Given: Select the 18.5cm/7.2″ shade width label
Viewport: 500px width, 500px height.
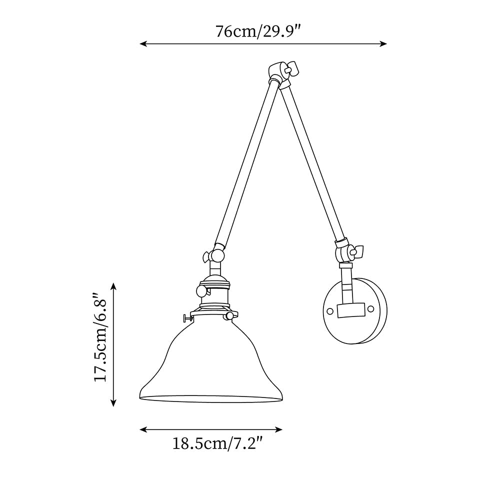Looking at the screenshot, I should (x=217, y=443).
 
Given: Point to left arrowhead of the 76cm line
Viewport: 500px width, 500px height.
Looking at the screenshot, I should (x=142, y=44).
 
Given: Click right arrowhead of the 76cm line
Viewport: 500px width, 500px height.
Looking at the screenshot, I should (x=384, y=44).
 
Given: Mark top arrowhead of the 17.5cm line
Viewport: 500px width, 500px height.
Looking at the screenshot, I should (x=114, y=285).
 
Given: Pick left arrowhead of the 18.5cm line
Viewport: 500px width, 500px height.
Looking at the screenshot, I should (x=142, y=429).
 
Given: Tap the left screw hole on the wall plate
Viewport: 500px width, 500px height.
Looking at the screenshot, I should (x=330, y=310).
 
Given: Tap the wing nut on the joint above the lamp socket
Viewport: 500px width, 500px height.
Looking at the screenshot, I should (x=206, y=257).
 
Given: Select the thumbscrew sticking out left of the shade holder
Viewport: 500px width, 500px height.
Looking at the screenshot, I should (x=187, y=317).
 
